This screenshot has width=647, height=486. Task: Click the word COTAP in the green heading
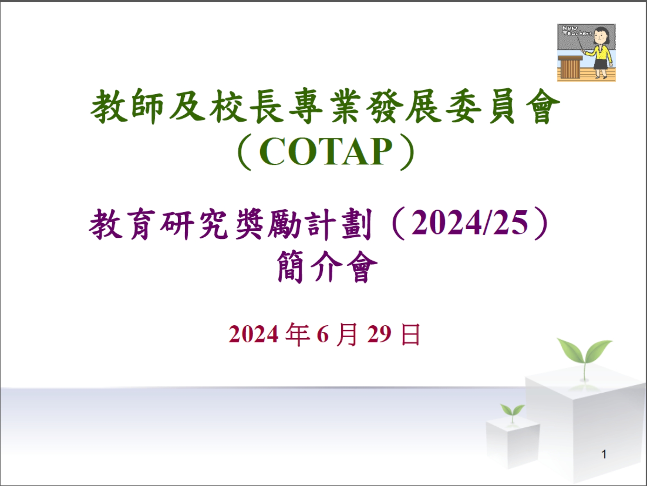[x=326, y=152]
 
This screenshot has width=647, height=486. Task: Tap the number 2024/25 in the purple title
[x=469, y=223]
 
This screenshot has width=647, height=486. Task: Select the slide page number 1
[x=604, y=454]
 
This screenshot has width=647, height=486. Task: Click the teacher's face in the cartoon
[x=599, y=37]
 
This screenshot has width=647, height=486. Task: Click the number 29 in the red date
[x=379, y=334]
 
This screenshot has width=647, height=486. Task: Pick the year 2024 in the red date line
[x=254, y=335]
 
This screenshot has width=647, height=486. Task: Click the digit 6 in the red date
[x=323, y=335]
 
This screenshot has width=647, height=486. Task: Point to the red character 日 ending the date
[x=411, y=334]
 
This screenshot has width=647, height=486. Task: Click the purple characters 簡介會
[x=327, y=267]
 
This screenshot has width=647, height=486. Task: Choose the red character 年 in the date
[x=297, y=334]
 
